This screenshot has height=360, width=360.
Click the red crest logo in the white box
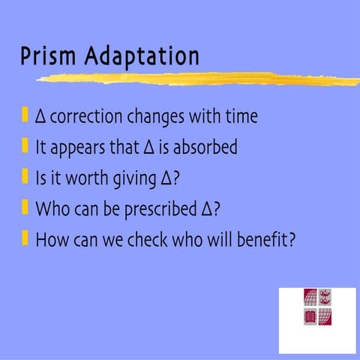click(318, 307)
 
